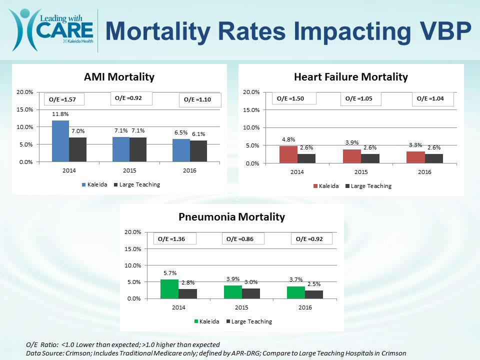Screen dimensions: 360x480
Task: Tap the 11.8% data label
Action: tap(60, 114)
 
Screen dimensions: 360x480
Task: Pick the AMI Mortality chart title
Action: tap(119, 77)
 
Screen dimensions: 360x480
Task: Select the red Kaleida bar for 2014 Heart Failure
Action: tap(288, 154)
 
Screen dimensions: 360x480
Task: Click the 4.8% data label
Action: tap(287, 139)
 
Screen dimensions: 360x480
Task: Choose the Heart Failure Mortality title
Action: tap(351, 77)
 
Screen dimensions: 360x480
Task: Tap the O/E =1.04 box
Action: tap(432, 99)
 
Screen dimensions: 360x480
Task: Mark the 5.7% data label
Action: tap(169, 273)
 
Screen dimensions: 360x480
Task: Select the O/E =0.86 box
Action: tap(243, 239)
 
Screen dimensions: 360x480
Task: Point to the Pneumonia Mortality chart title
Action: tap(231, 217)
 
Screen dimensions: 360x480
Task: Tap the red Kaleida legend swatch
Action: tap(316, 186)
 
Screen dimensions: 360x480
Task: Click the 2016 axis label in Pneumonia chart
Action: tap(305, 308)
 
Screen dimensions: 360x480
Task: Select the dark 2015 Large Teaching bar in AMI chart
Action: tap(138, 149)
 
